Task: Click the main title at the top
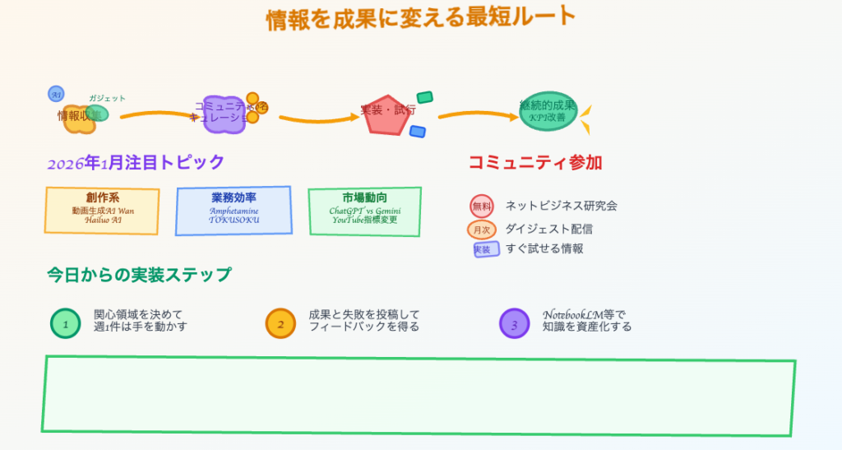coord(420,19)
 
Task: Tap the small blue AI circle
coord(56,94)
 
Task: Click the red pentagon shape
coord(386,114)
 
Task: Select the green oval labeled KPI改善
coord(548,111)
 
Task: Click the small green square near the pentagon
coord(424,97)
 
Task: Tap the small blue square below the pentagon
coord(418,132)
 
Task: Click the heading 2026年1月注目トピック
coord(136,163)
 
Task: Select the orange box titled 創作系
coord(103,210)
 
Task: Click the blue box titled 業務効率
coord(234,210)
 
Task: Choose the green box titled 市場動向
coord(365,210)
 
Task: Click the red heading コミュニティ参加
coord(535,163)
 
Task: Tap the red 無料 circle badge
coord(481,206)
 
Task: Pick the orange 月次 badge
coord(481,230)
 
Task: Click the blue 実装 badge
coord(486,248)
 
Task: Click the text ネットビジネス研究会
coord(561,206)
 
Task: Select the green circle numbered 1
coord(66,323)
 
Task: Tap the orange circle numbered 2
coord(280,323)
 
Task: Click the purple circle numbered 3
coord(515,323)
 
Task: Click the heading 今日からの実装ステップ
coord(139,275)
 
